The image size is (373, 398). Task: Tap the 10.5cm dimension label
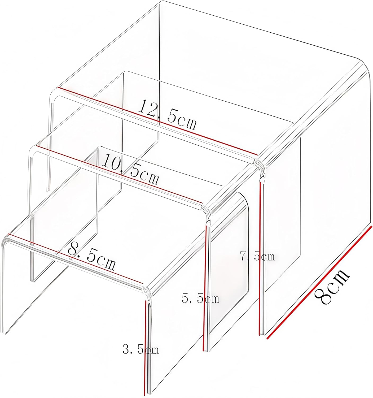coord(130,170)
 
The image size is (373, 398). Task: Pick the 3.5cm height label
coord(141,349)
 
